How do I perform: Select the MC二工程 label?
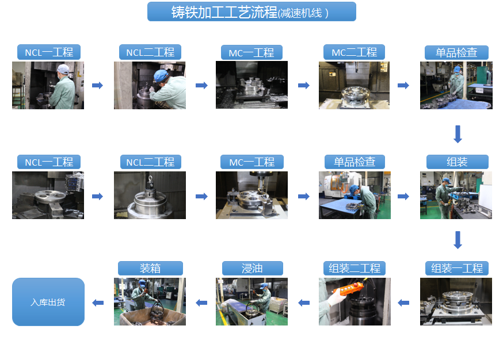click(354, 52)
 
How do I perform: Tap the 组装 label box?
click(457, 162)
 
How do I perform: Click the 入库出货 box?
click(48, 302)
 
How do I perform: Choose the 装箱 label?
click(150, 269)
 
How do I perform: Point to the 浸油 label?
click(252, 269)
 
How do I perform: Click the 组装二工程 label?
click(354, 269)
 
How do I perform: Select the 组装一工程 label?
click(457, 269)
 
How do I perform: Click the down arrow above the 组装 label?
click(458, 134)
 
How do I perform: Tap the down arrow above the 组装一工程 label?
click(458, 240)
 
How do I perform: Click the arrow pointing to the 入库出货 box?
click(98, 302)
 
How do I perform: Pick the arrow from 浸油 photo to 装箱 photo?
click(201, 302)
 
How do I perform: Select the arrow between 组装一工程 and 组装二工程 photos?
click(403, 302)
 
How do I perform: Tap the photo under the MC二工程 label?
click(354, 85)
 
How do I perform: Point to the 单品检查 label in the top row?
click(456, 52)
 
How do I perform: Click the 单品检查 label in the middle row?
click(355, 162)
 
